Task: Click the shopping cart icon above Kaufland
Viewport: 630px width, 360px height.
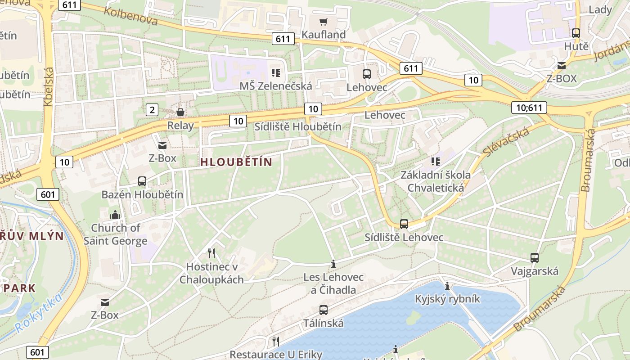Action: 323,22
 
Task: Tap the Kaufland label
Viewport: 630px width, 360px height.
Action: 323,35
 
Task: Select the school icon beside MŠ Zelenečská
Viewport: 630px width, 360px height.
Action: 275,73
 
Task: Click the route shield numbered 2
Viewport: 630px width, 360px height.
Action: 152,109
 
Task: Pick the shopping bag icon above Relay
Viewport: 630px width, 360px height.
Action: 180,112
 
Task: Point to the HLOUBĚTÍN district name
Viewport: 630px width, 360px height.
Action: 236,162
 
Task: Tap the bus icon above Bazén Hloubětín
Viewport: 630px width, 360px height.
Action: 142,181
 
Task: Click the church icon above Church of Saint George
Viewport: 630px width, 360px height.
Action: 115,215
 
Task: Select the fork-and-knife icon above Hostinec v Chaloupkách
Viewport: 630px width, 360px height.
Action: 211,253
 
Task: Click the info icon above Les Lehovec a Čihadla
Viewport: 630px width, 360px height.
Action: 333,264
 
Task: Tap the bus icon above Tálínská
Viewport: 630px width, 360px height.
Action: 323,310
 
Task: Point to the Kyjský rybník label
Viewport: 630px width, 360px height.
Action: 447,299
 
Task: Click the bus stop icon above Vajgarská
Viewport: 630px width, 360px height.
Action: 534,258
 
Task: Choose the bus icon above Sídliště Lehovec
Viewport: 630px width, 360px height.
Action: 404,224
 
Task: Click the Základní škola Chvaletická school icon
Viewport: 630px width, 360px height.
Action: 435,161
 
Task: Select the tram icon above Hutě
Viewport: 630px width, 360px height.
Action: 576,33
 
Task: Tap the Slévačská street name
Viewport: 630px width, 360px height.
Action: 506,142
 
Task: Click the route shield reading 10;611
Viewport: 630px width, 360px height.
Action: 529,108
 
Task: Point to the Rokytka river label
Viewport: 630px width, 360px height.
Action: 38,313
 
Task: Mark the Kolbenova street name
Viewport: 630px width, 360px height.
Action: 130,16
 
